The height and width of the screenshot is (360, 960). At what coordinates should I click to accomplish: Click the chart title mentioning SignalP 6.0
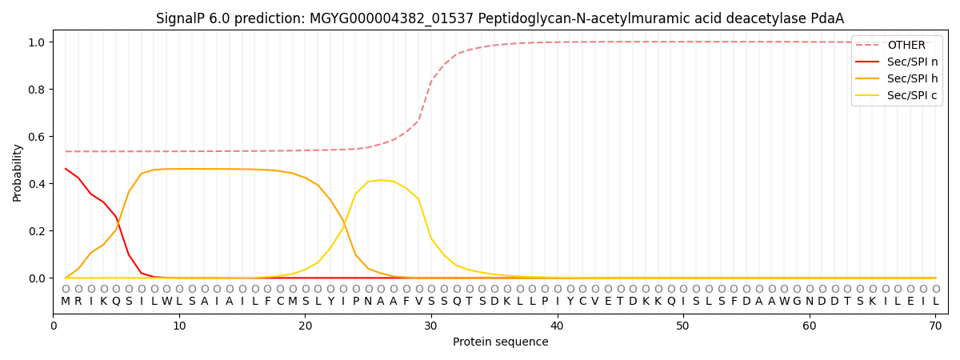click(499, 18)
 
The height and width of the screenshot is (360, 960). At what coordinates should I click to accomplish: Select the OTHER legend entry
click(906, 46)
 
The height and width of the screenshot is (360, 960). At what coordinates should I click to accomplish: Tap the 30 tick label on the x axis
click(431, 326)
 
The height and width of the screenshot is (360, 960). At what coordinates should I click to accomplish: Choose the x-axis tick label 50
click(683, 326)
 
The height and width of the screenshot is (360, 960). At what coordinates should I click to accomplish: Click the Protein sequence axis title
click(500, 342)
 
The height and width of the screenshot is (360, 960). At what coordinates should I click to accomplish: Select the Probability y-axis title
click(18, 172)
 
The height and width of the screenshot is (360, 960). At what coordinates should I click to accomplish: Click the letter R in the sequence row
click(78, 302)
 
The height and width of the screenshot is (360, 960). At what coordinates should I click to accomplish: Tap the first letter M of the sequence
click(66, 302)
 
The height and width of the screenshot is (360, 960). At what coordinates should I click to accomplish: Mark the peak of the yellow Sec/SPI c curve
click(381, 180)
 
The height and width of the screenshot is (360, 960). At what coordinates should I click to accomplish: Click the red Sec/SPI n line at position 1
click(66, 169)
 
